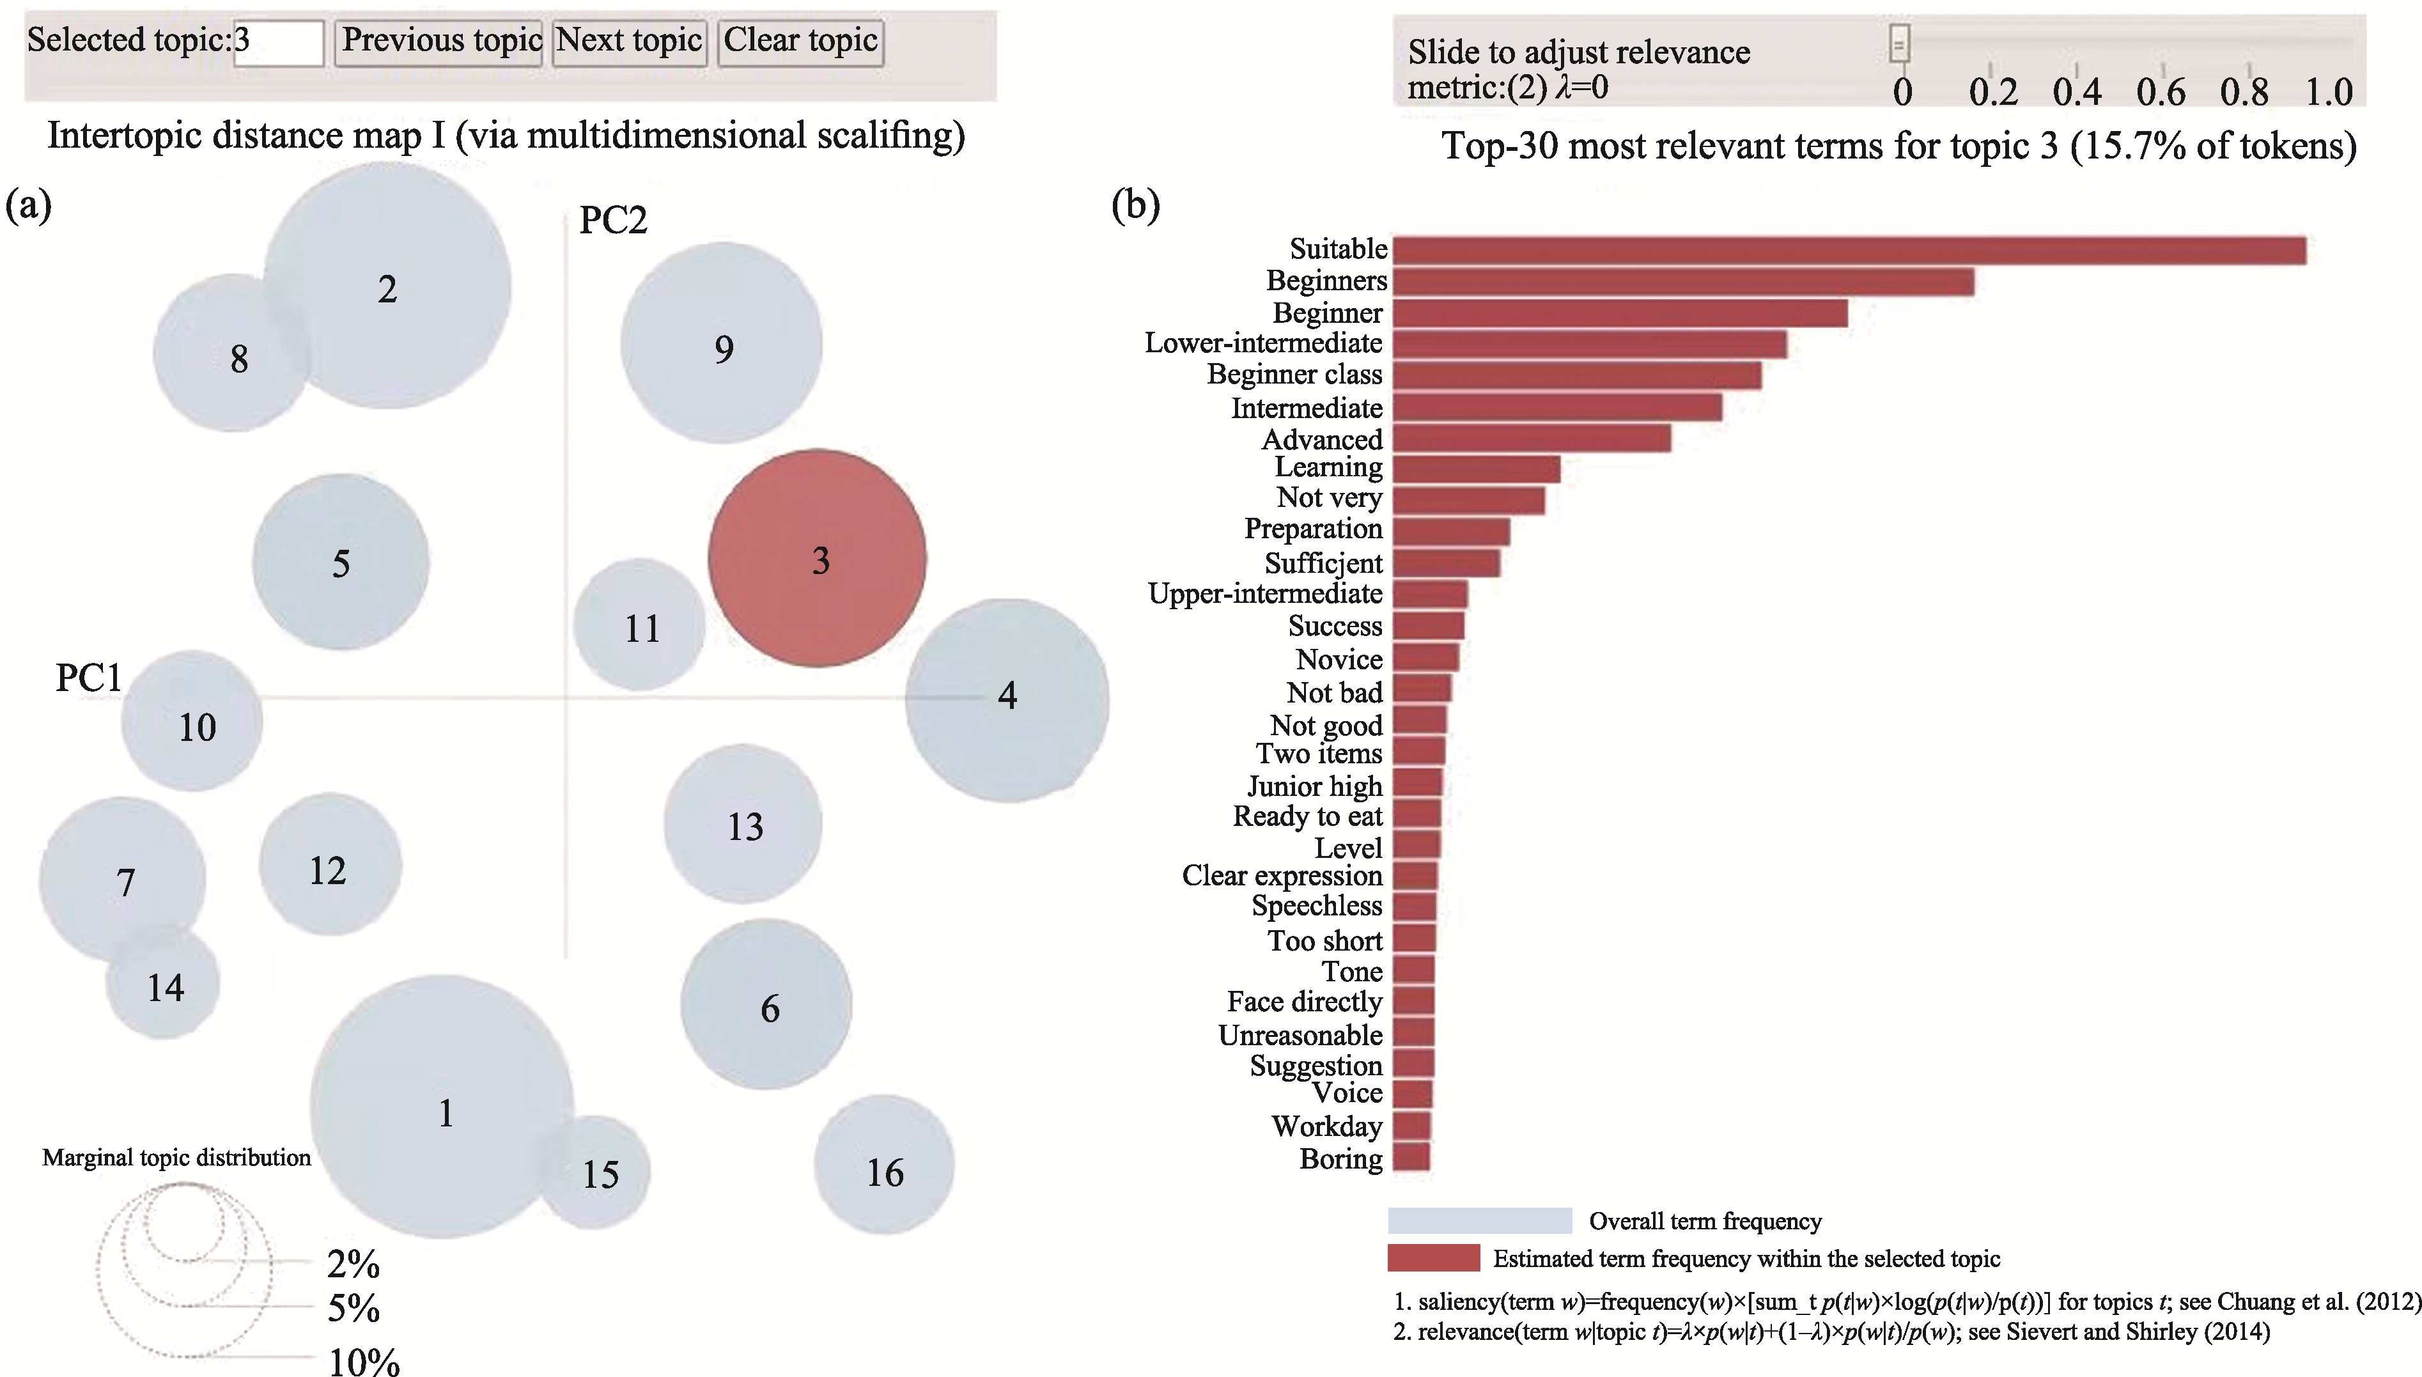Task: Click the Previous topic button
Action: pos(439,43)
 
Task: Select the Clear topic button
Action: pos(801,43)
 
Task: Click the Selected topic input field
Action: pos(278,43)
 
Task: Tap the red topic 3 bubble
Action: pos(818,558)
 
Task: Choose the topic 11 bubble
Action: pos(640,624)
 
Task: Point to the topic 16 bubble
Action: pos(884,1164)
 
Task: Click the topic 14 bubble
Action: pos(162,984)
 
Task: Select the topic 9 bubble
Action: pos(721,343)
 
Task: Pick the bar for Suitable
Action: pos(1849,251)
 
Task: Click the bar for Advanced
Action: pos(1532,438)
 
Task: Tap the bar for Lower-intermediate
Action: pos(1589,344)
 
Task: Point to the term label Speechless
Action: pos(1317,906)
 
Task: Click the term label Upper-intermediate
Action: pos(1266,594)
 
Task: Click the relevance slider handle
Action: pos(1899,43)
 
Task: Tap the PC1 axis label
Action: pos(89,677)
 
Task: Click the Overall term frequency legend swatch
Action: pos(1480,1220)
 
